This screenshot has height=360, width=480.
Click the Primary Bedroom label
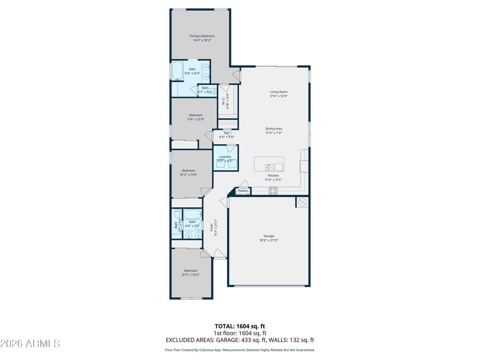pyautogui.click(x=202, y=36)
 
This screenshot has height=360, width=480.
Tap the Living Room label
pyautogui.click(x=278, y=92)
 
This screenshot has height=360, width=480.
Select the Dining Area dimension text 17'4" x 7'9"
pyautogui.click(x=274, y=133)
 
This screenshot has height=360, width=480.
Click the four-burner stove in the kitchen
pyautogui.click(x=273, y=191)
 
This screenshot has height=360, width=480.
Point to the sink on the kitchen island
pyautogui.click(x=268, y=167)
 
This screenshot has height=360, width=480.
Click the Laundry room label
pyautogui.click(x=225, y=157)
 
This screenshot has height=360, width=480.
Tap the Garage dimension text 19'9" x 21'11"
pyautogui.click(x=268, y=240)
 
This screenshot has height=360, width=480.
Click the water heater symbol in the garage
pyautogui.click(x=302, y=202)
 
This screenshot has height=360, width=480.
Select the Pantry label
pyautogui.click(x=243, y=191)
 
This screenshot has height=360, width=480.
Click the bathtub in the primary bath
pyautogui.click(x=177, y=71)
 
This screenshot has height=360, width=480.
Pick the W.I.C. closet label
pyautogui.click(x=223, y=98)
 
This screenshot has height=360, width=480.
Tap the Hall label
pyautogui.click(x=227, y=133)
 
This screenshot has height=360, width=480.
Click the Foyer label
pyautogui.click(x=212, y=227)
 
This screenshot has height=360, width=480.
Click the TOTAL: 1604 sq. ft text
pyautogui.click(x=240, y=326)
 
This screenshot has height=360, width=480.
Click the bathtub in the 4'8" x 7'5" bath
pyautogui.click(x=192, y=214)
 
